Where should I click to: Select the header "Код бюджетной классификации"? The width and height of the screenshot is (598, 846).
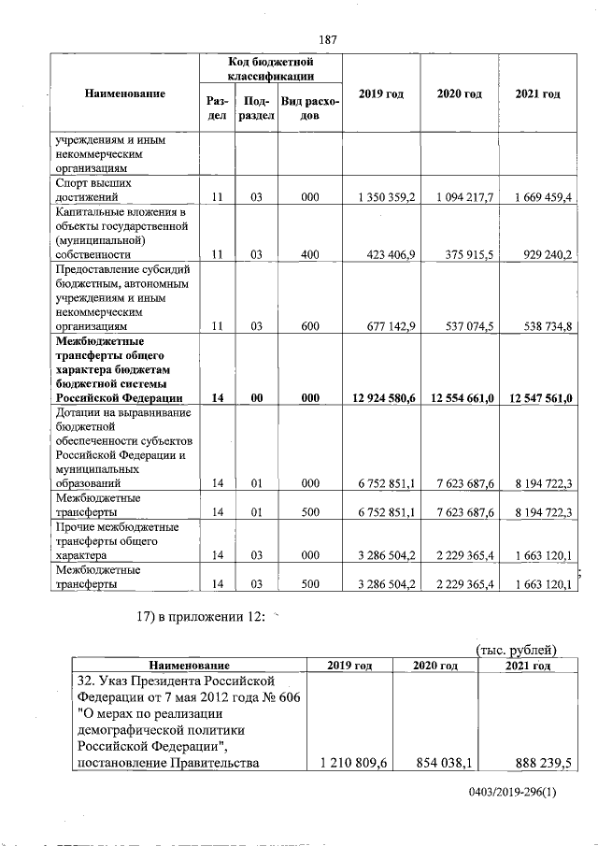[270, 68]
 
